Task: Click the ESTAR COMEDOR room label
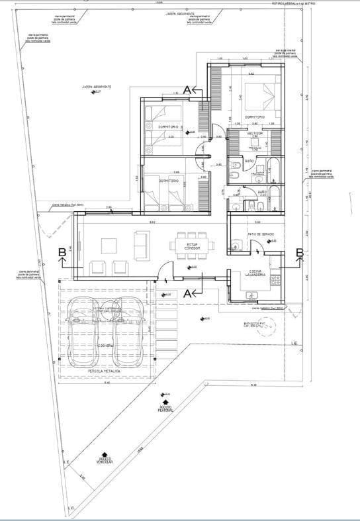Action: (192, 247)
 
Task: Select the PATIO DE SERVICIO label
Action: (261, 235)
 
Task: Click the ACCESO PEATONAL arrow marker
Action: (165, 399)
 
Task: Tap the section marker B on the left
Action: (62, 252)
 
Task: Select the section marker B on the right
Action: (299, 252)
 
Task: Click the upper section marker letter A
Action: (187, 89)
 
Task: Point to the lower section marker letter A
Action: (188, 292)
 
